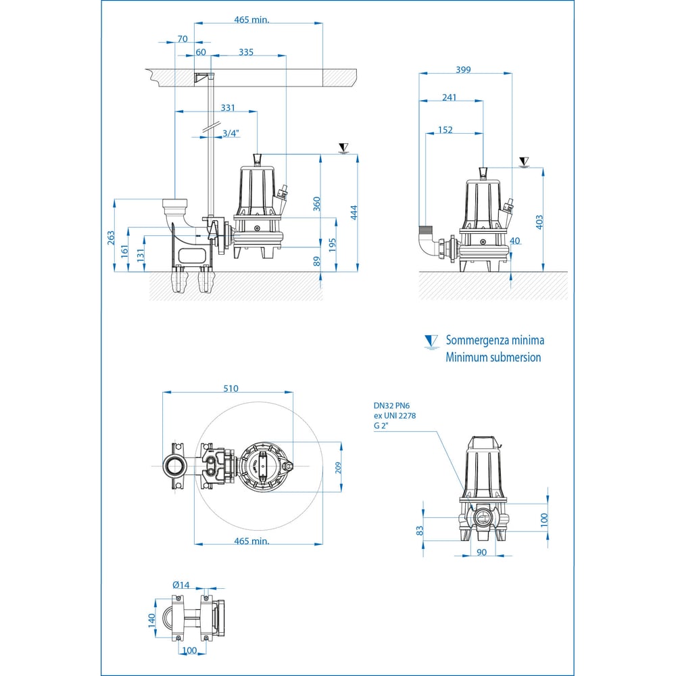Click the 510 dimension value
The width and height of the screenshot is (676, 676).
[230, 388]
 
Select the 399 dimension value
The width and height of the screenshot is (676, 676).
[463, 69]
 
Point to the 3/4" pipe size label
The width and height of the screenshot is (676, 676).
[231, 133]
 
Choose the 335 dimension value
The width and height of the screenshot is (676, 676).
[246, 52]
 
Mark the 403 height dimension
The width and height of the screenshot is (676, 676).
[539, 222]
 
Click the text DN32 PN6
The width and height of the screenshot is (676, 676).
[392, 406]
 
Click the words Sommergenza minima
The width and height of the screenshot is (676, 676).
[495, 341]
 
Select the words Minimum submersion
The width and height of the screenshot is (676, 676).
[493, 358]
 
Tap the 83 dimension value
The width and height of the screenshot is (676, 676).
[419, 531]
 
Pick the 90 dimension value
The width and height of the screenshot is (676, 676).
[481, 552]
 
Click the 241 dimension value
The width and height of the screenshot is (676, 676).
[449, 97]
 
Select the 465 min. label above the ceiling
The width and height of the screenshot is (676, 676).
[251, 20]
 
